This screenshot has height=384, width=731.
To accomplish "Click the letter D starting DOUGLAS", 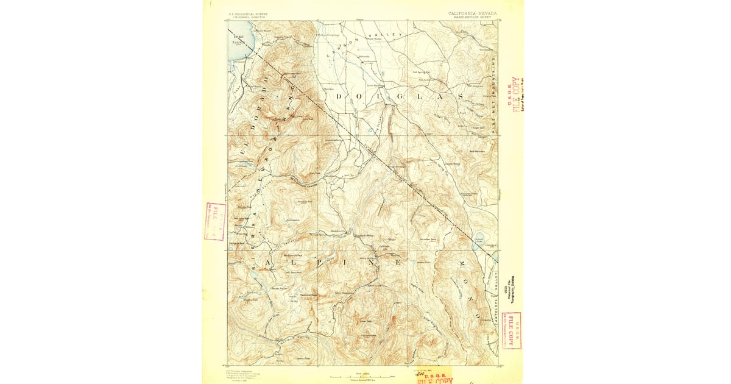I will tap(336, 97).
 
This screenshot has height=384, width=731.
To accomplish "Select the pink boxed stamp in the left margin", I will tap(215, 221).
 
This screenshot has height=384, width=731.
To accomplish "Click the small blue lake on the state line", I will tap(479, 239).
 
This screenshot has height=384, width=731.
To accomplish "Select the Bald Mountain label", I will tap(477, 151).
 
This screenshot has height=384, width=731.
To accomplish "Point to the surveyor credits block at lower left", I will tap(244, 374).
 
